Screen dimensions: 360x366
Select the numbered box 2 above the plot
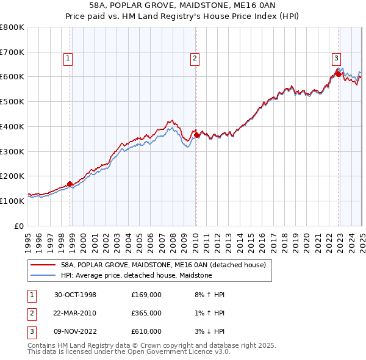click(194, 59)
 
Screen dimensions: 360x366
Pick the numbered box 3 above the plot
click(336, 59)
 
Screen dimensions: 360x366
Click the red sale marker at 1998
click(70, 183)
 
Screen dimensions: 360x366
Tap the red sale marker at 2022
click(338, 74)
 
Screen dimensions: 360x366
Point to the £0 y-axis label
click(20, 226)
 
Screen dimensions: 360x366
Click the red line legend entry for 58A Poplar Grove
click(163, 265)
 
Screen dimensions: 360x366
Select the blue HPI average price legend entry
click(136, 276)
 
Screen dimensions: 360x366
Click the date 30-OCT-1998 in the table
click(75, 295)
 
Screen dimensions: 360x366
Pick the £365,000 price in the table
click(146, 313)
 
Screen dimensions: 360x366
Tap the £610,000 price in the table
click(146, 331)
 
